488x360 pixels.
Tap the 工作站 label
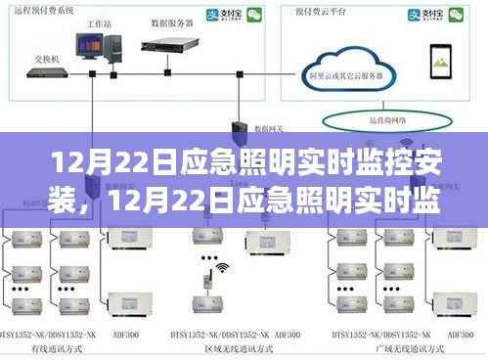tap(97, 20)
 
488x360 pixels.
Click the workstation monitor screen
tap(91, 42)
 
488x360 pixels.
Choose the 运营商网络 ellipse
tap(368, 118)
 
